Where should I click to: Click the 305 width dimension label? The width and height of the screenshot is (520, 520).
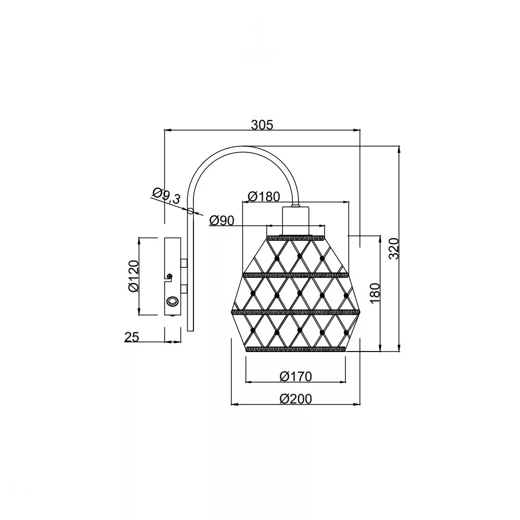[x=262, y=125]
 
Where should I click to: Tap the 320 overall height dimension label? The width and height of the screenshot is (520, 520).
[x=394, y=249]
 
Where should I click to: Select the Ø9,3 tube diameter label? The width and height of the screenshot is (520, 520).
[x=166, y=196]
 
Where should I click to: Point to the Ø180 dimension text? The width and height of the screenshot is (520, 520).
[x=264, y=197]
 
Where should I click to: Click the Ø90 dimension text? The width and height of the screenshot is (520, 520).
[x=222, y=220]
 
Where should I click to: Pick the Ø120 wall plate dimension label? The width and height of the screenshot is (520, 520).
[x=134, y=276]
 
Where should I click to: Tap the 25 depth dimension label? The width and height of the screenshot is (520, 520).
[x=132, y=337]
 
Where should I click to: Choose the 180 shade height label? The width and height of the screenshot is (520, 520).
[x=375, y=293]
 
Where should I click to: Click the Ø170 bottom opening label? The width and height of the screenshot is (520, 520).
[x=296, y=376]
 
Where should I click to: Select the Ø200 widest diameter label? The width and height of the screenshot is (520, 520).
[x=296, y=399]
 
